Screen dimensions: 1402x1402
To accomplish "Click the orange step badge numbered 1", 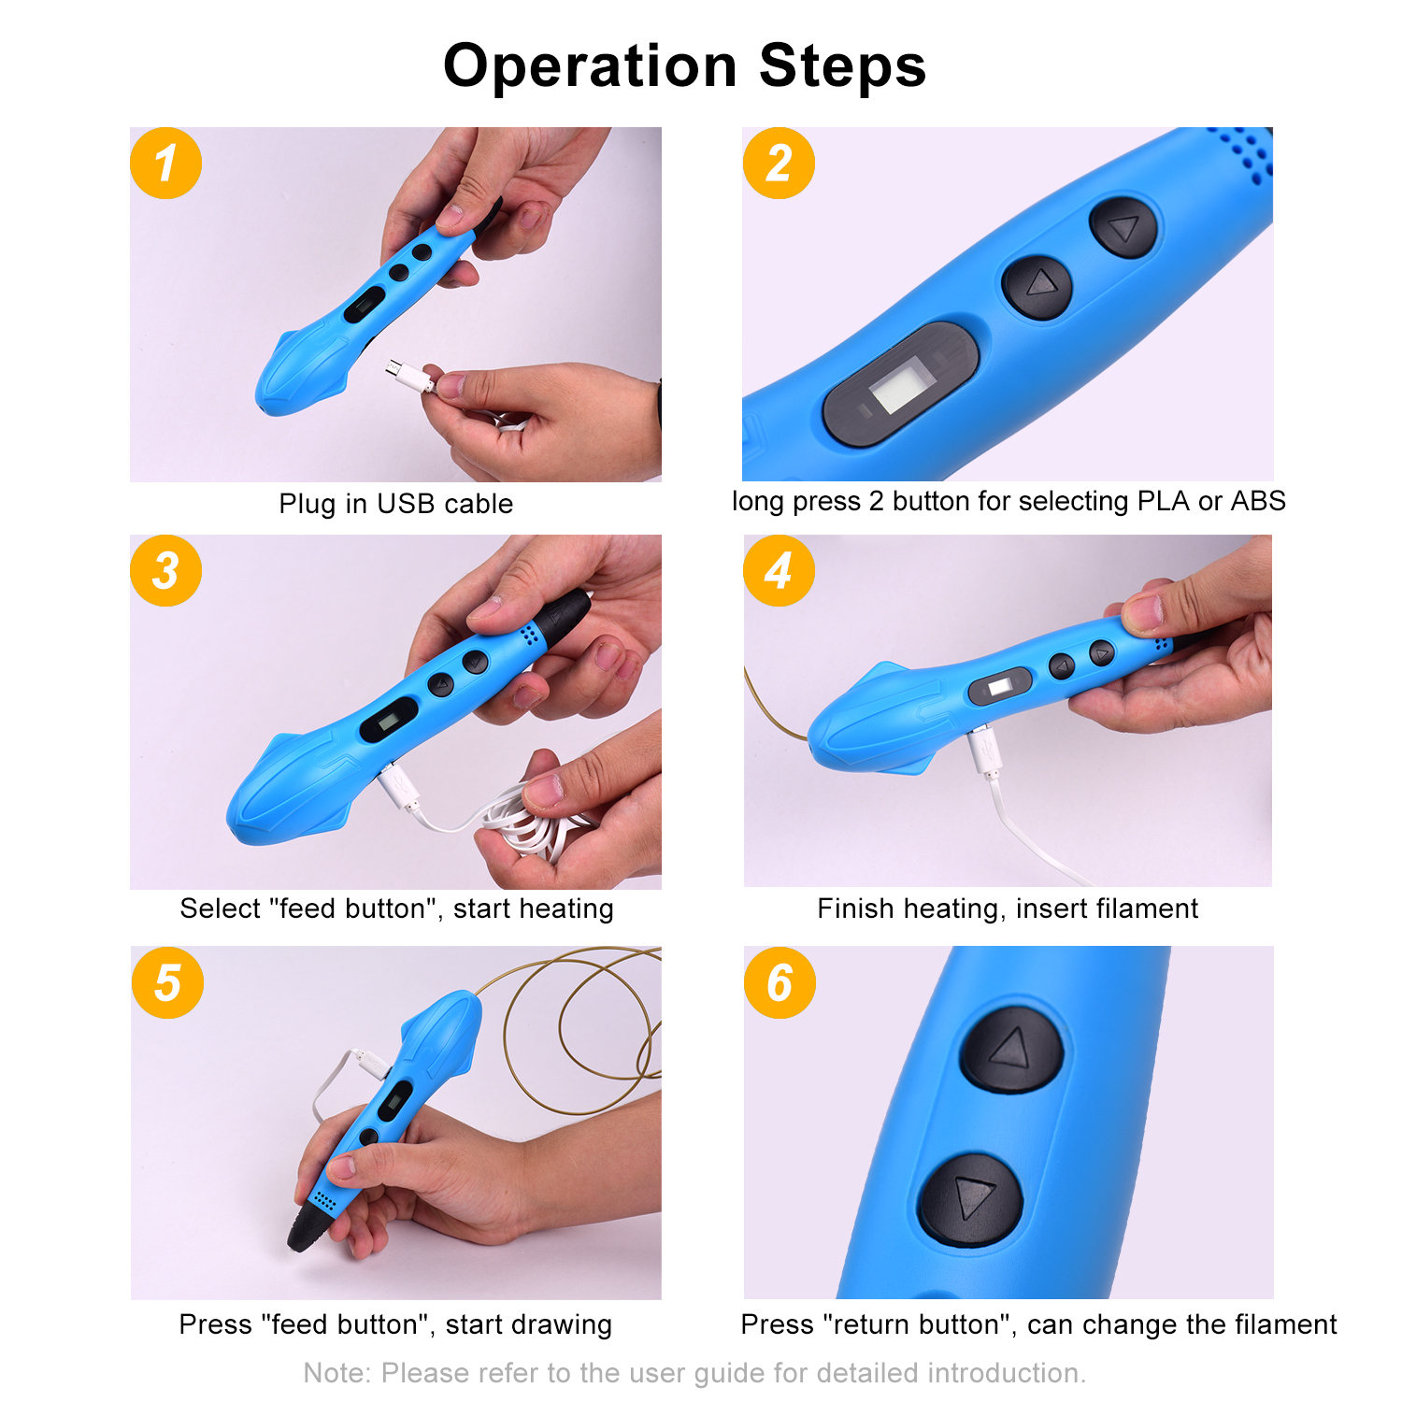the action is (166, 164).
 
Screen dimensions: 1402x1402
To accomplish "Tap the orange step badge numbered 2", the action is (779, 164).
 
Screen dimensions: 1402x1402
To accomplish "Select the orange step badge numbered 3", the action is (166, 570).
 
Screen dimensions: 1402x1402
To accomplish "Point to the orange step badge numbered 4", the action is (779, 570).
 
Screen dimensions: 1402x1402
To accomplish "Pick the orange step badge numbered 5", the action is (167, 982).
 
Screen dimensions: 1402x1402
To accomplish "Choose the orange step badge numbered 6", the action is (780, 982).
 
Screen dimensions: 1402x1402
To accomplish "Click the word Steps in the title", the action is (842, 67).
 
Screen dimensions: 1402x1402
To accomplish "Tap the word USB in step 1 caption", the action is (406, 504).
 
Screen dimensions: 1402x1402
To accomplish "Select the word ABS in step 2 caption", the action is (1258, 501).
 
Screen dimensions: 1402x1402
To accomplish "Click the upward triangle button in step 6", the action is (1012, 1049).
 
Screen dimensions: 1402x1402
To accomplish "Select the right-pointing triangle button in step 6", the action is (970, 1199).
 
